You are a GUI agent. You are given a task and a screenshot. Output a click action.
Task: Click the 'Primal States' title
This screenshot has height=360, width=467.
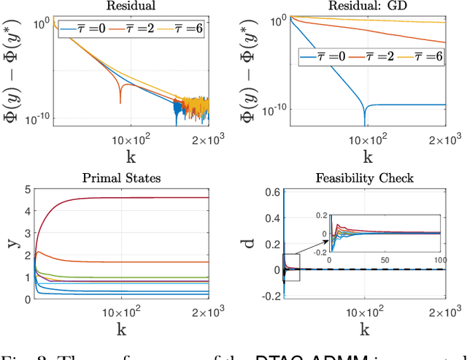click(x=130, y=177)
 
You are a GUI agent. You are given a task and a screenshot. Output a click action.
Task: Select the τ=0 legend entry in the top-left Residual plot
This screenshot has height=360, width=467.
click(x=81, y=29)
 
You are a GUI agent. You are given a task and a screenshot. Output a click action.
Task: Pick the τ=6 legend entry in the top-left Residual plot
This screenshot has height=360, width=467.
click(x=180, y=29)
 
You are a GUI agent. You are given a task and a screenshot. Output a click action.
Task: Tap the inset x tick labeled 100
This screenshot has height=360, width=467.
click(x=439, y=260)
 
